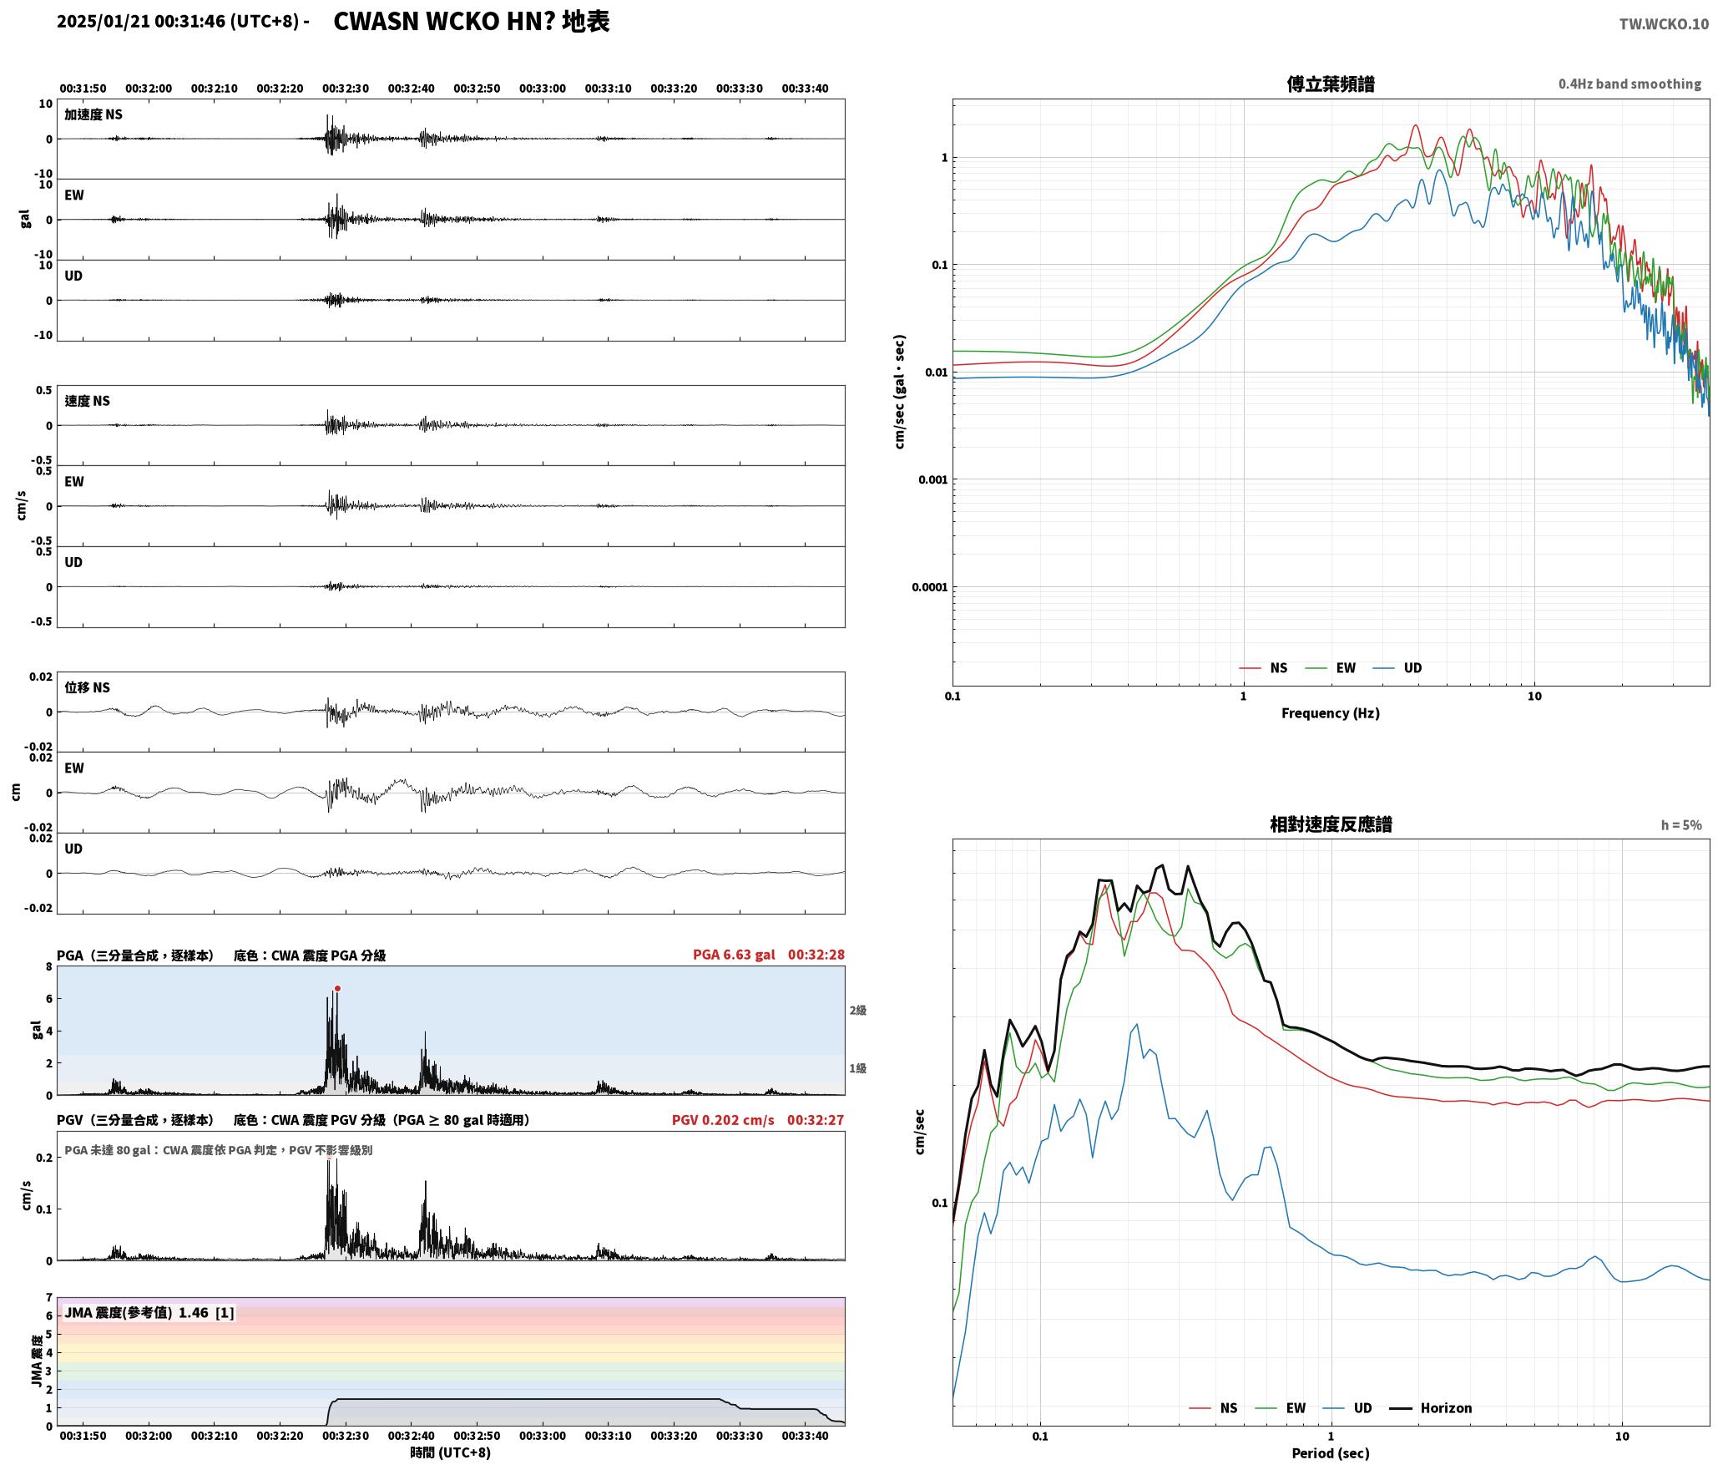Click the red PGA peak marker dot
coord(337,989)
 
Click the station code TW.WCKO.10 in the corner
coord(1664,24)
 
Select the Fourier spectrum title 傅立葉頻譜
coord(1331,84)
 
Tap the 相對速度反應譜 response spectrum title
coord(1331,824)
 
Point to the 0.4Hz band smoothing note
coord(1630,84)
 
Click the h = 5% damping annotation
coord(1681,825)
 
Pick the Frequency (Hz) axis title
coord(1331,713)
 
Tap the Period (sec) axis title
coord(1331,1453)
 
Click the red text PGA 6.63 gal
coord(734,955)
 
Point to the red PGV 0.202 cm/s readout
coord(723,1120)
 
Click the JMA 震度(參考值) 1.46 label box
coord(149,1313)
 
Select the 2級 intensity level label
coord(858,1011)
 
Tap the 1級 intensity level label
coord(858,1068)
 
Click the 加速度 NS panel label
coord(93,114)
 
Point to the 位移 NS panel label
coord(88,687)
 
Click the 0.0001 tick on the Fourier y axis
coord(929,587)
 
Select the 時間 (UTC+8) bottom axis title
coord(451,1452)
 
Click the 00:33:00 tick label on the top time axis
coord(543,89)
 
